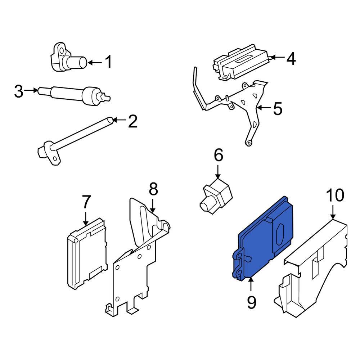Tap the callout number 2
click(x=132, y=122)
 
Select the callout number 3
click(x=19, y=91)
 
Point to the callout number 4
click(x=291, y=58)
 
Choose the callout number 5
click(x=278, y=109)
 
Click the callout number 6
click(x=219, y=156)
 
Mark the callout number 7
click(x=86, y=202)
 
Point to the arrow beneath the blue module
click(x=251, y=284)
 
